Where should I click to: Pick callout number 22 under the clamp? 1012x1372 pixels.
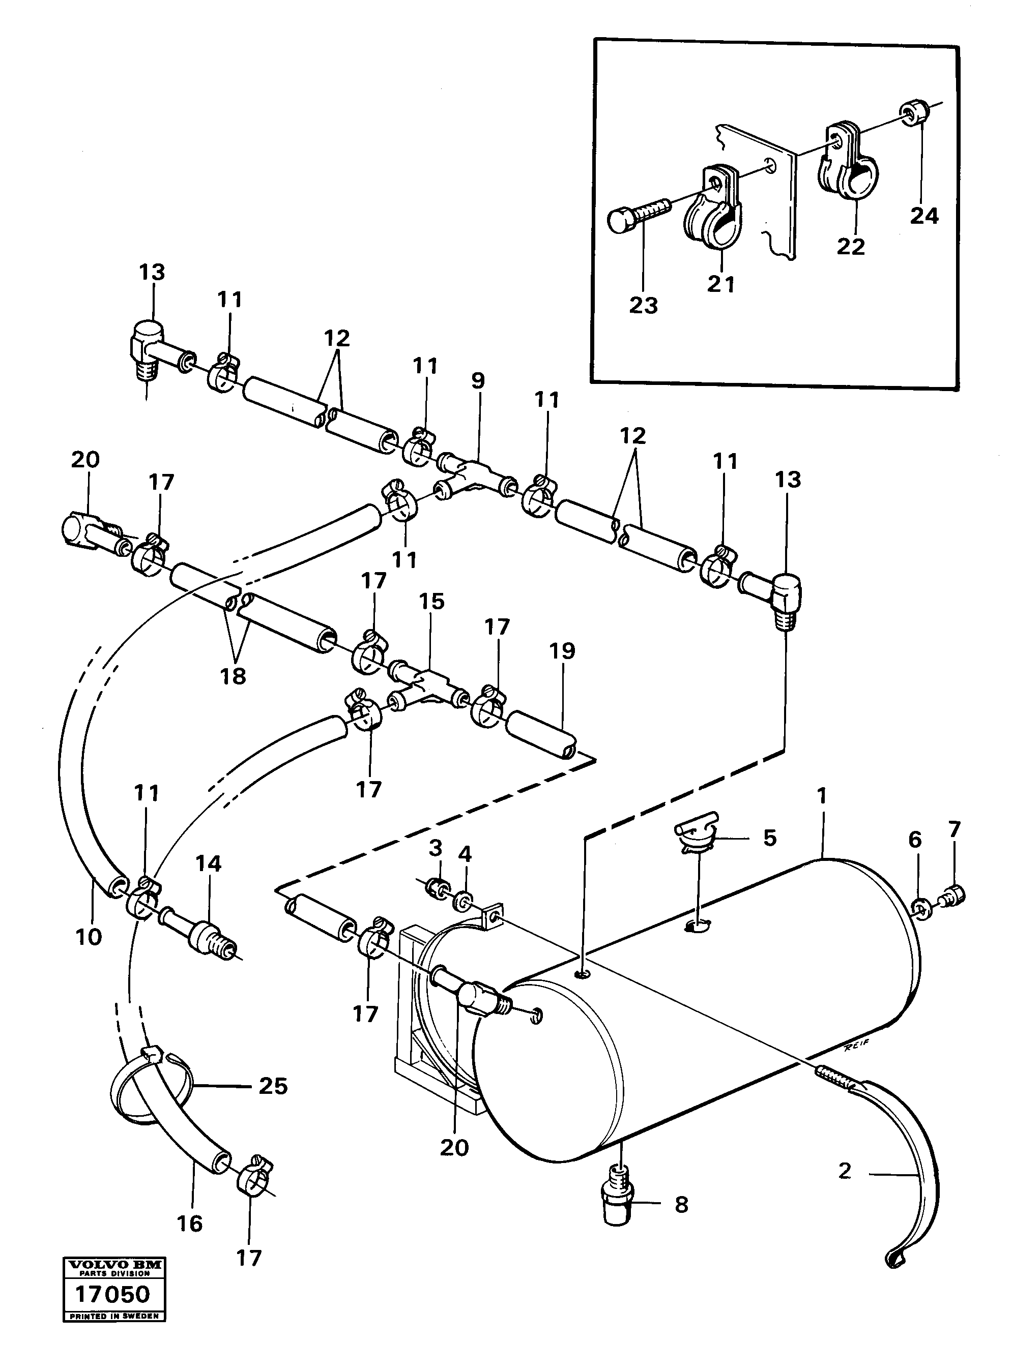pyautogui.click(x=850, y=246)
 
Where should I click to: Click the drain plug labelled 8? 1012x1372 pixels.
pyautogui.click(x=619, y=1204)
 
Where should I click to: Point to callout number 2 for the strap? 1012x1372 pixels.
pyautogui.click(x=845, y=1171)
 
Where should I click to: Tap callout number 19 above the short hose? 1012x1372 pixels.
pyautogui.click(x=562, y=650)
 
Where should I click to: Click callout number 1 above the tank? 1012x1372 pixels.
pyautogui.click(x=822, y=796)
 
